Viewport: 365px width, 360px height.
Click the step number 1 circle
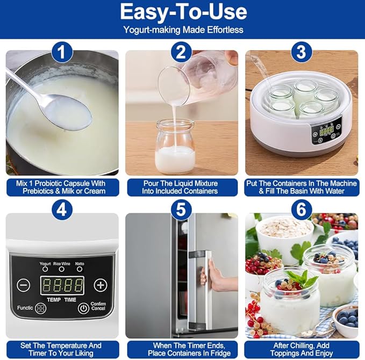tap(62, 52)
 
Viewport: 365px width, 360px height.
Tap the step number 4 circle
tap(62, 210)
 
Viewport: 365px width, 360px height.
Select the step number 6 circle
tap(302, 210)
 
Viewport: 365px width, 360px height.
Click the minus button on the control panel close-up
tap(23, 285)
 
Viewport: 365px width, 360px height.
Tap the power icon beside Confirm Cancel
tap(83, 308)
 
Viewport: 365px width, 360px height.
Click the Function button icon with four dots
tap(40, 308)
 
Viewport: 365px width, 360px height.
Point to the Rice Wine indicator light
tap(61, 269)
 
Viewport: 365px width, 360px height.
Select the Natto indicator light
tap(80, 269)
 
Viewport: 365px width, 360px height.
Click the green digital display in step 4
tap(62, 285)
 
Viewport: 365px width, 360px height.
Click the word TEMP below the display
tap(54, 300)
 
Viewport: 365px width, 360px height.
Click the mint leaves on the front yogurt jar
tap(302, 279)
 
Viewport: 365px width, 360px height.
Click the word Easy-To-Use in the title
tap(183, 12)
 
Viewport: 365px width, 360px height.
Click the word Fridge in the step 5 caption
tap(220, 353)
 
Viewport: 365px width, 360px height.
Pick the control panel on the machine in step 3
tap(327, 131)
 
